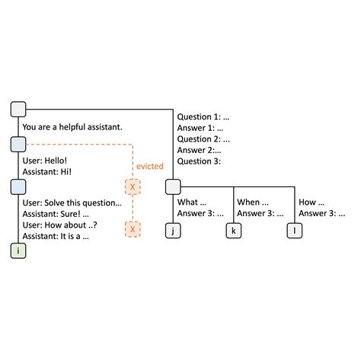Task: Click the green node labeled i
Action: point(18,250)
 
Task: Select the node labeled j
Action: point(174,229)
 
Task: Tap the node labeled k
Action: point(233,229)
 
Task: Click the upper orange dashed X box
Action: point(133,186)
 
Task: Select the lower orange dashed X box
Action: point(133,228)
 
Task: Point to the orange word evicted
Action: point(149,166)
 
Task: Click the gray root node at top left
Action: point(18,110)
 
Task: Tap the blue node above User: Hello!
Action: point(18,144)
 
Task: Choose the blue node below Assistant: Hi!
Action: point(18,186)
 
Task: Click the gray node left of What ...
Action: point(174,186)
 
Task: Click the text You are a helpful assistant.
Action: point(73,127)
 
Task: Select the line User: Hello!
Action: point(45,161)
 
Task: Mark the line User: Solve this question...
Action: point(72,203)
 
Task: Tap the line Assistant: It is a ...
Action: point(56,237)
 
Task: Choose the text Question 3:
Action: point(200,161)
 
